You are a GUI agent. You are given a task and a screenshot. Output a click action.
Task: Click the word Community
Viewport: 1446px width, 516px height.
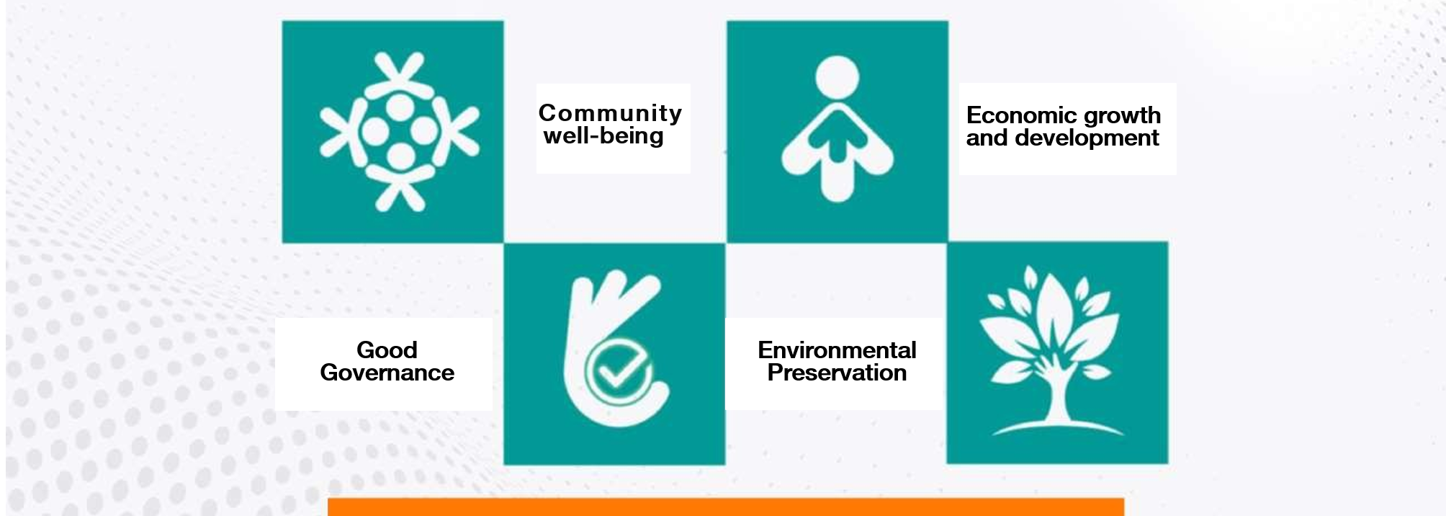610,114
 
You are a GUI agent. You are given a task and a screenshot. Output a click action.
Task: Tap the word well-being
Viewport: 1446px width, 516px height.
603,136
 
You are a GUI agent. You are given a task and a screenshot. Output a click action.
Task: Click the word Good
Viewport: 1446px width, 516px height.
387,350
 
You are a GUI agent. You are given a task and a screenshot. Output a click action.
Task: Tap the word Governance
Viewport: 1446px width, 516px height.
387,373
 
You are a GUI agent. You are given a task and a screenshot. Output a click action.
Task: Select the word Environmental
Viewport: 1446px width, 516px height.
837,350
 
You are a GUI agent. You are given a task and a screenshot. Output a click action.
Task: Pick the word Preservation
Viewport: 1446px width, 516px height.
837,373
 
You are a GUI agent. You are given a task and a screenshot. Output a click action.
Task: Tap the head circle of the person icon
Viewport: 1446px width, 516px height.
837,76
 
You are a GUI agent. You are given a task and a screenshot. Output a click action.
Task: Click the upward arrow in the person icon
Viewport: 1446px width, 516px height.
837,137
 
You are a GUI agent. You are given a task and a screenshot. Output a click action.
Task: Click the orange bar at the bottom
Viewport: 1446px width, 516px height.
726,507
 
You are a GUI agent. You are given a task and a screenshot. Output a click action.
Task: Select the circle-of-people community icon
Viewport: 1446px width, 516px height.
400,132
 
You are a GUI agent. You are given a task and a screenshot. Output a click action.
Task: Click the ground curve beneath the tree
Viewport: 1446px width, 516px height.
1057,427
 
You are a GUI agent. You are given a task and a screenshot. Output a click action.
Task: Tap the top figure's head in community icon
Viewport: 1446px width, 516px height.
400,108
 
